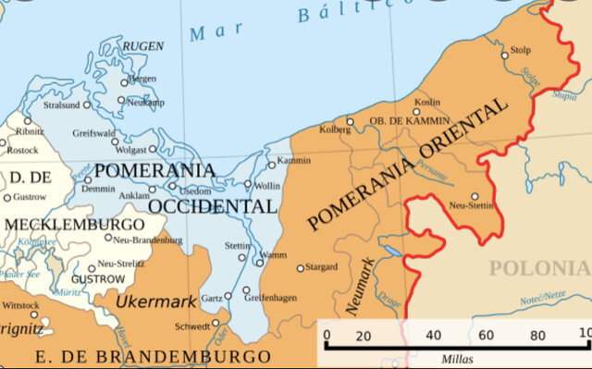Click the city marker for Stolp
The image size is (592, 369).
(x=504, y=55)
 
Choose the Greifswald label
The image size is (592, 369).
(x=93, y=133)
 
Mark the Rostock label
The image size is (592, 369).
(x=23, y=150)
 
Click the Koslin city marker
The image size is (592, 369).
(x=416, y=112)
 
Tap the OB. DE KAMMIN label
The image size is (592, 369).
(x=409, y=121)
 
